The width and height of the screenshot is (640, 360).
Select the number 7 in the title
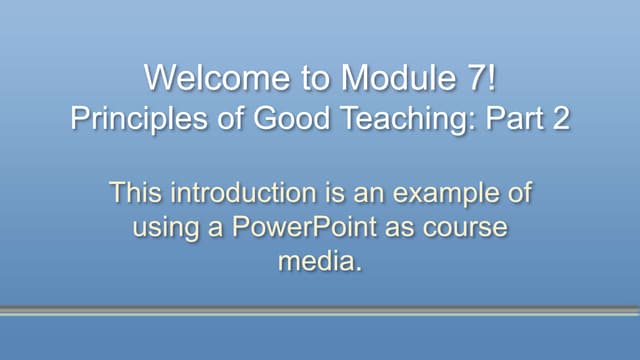click(468, 77)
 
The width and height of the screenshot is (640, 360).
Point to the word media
click(319, 262)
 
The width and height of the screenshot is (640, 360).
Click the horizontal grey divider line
click(320, 311)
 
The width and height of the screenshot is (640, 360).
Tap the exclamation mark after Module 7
click(489, 77)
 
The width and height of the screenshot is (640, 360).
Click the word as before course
click(407, 227)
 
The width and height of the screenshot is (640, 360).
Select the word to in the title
click(300, 77)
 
